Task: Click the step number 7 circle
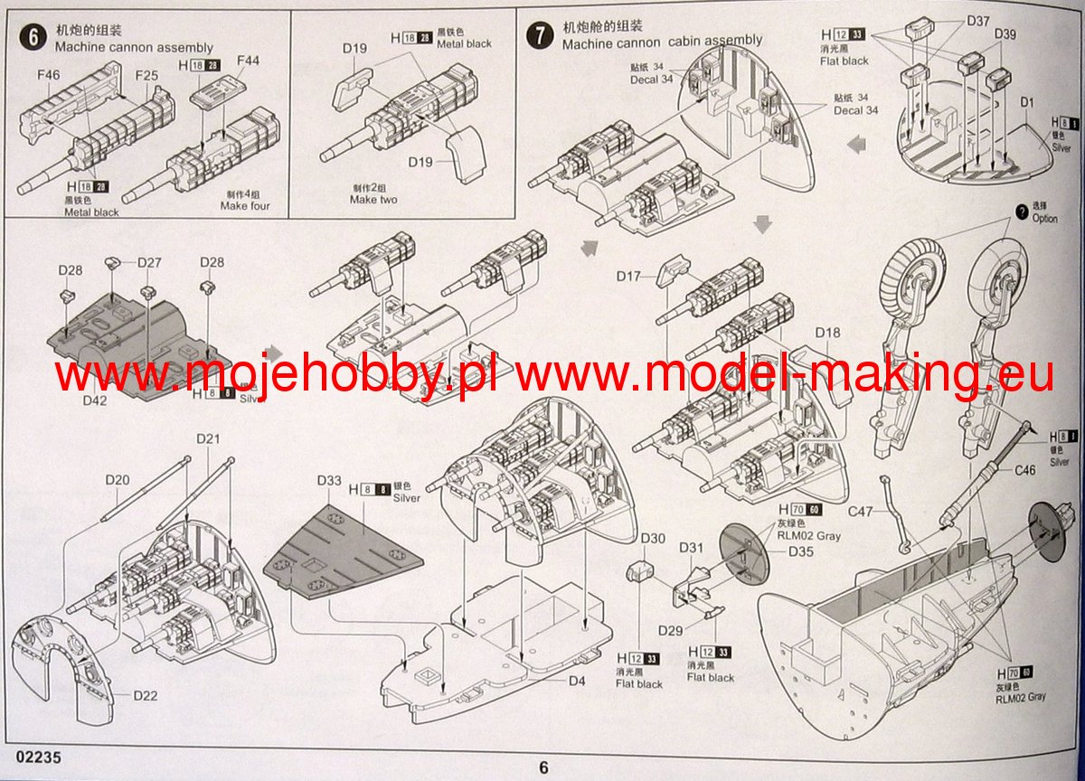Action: pos(540,35)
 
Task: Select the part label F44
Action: pos(248,61)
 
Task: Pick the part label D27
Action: pos(149,262)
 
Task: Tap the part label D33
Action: pos(329,480)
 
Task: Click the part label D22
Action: pos(145,695)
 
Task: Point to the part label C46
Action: pos(1024,470)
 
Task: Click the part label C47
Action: pos(862,512)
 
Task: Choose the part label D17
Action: pos(629,276)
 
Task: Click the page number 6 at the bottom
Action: pos(543,767)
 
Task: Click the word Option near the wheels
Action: pos(1043,219)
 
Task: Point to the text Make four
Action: pos(245,206)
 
